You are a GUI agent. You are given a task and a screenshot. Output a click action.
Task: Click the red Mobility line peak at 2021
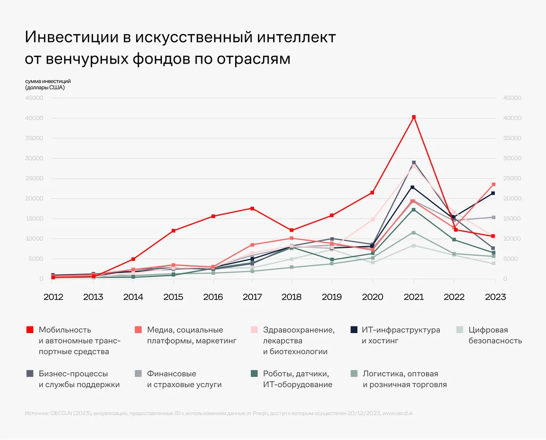coord(414,117)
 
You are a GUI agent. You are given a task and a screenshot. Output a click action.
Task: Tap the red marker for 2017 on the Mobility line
coord(253,208)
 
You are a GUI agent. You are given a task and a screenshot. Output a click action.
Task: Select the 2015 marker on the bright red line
coord(173,231)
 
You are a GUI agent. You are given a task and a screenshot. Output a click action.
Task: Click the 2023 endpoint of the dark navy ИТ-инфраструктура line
coord(494,193)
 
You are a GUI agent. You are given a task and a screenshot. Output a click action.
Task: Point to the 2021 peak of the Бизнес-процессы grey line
coord(414,162)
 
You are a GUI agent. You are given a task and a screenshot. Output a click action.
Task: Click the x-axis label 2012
coord(53,297)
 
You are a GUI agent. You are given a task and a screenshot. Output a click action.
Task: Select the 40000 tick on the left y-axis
coord(34,118)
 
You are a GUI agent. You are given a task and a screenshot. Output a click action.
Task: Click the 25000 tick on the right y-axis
coord(512,179)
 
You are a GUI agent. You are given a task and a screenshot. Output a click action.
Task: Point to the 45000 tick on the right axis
coord(512,98)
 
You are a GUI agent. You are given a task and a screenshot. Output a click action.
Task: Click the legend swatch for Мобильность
coord(29,330)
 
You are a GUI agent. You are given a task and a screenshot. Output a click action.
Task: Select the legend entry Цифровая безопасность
coord(495,336)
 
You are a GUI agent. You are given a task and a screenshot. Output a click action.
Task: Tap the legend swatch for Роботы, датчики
coord(254,374)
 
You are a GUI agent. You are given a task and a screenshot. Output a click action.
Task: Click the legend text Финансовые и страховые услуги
coord(184,379)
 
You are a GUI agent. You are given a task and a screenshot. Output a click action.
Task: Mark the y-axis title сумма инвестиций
coord(48,81)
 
